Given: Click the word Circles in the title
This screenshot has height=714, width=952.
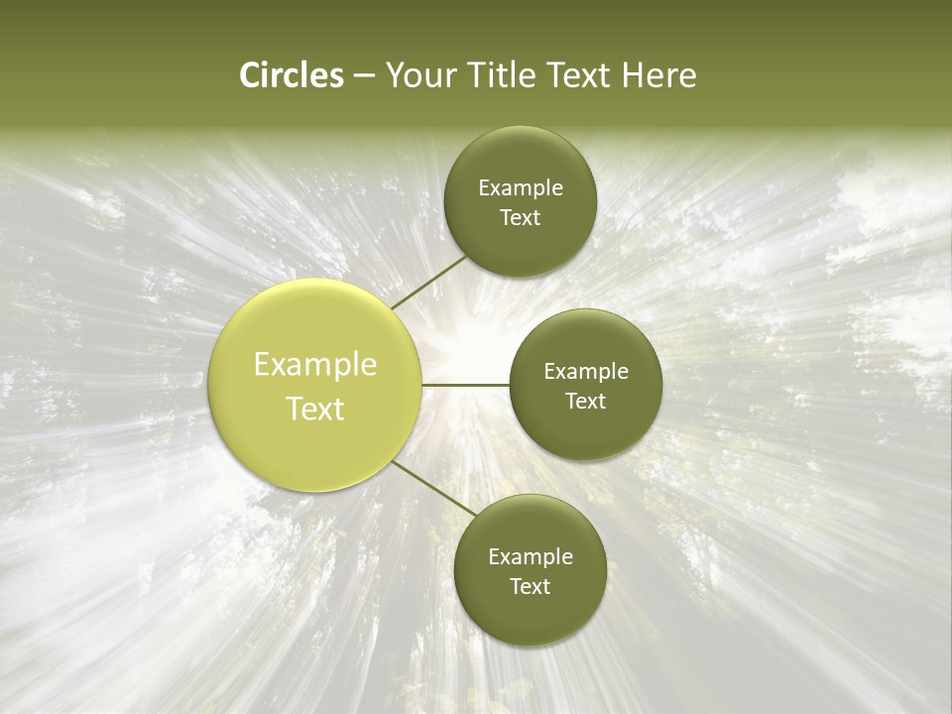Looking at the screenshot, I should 292,75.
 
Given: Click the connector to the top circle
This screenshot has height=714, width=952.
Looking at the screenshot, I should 428,282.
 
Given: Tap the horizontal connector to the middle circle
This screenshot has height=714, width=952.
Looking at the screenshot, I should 465,385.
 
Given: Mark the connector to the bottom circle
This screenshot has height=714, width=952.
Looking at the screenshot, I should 433,488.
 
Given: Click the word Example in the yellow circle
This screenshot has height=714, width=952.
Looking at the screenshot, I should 315,365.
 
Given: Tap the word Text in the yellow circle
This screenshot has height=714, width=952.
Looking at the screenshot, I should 315,409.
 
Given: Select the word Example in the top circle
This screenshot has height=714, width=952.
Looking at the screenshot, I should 521,188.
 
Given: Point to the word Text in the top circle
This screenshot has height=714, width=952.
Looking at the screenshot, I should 520,218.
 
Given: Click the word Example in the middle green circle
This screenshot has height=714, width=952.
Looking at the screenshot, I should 586,372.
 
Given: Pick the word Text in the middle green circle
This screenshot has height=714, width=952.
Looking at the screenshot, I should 585,402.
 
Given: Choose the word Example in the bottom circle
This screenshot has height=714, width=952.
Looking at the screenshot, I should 531,557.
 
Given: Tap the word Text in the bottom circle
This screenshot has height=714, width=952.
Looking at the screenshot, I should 530,587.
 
